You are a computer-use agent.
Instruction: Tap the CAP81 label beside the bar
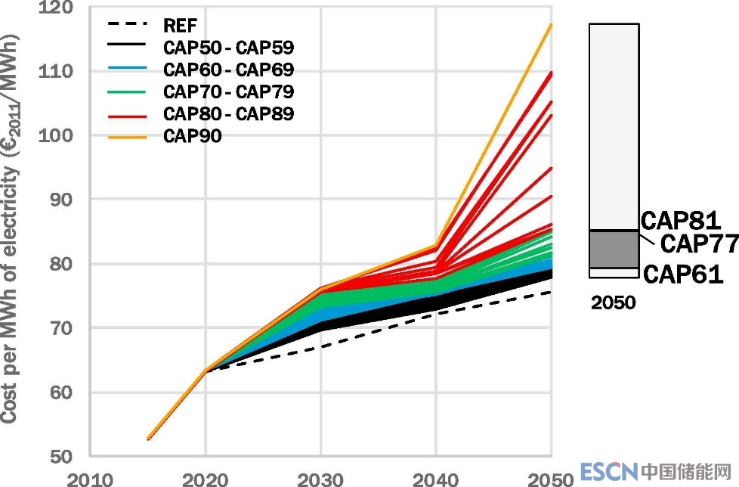[x=681, y=220]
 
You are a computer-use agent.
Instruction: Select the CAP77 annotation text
[x=698, y=244]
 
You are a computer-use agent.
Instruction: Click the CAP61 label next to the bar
[x=683, y=273]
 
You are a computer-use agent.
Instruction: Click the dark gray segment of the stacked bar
[x=614, y=249]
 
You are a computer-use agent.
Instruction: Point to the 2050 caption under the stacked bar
[x=613, y=303]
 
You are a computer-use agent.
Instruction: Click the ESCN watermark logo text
[x=609, y=472]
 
